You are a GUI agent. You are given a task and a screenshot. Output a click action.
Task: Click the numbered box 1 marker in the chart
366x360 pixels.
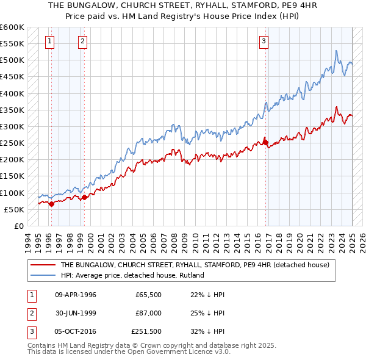(x=49, y=41)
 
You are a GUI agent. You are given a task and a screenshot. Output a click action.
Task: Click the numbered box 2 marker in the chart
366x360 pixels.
(x=82, y=41)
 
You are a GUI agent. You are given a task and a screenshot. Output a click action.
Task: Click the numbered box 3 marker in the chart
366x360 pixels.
(x=264, y=41)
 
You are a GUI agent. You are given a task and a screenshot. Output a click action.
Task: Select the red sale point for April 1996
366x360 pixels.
(x=51, y=204)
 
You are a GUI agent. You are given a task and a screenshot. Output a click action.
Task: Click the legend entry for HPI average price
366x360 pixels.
(x=132, y=275)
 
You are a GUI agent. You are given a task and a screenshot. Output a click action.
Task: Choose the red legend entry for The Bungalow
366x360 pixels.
(x=195, y=265)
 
